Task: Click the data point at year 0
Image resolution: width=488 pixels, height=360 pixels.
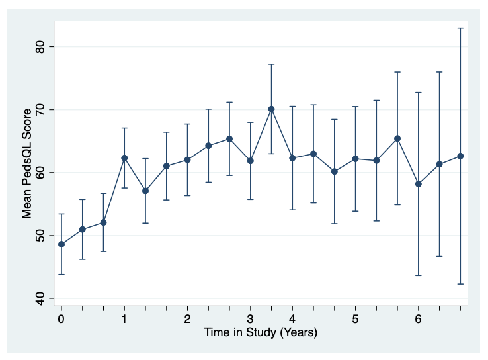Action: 61,244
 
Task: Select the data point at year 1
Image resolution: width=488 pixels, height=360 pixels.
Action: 124,158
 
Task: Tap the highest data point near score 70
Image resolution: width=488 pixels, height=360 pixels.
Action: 271,109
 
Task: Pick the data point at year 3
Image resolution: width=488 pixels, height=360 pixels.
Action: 250,161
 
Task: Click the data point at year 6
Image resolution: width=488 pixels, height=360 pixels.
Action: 418,184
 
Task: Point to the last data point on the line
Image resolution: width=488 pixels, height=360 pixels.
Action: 460,156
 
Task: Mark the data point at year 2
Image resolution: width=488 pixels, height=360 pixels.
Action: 187,159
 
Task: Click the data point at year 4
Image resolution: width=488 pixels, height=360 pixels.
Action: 292,158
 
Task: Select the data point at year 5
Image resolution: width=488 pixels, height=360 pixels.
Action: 355,159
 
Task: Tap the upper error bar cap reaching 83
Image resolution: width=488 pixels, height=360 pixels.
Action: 460,28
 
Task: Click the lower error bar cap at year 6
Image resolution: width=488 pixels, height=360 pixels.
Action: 418,275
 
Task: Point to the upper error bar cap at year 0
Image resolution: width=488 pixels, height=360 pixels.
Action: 61,214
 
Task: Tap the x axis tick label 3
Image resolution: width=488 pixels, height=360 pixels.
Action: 250,320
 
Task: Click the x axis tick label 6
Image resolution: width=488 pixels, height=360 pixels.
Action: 418,320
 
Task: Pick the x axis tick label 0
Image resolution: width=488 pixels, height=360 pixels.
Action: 61,320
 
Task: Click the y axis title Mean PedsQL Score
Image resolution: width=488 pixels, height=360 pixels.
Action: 27,173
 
